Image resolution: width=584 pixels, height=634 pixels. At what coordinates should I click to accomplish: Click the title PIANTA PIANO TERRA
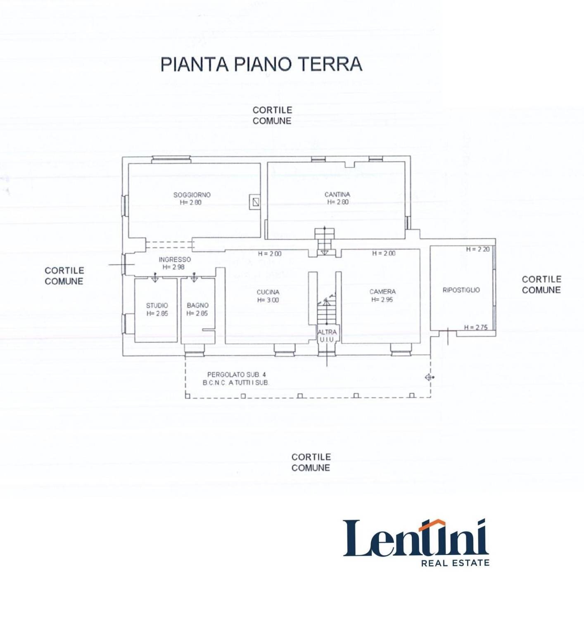[x=261, y=64]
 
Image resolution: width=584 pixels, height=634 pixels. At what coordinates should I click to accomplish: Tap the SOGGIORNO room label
[x=192, y=195]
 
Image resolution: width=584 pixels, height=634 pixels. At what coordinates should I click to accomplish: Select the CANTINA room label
[x=337, y=194]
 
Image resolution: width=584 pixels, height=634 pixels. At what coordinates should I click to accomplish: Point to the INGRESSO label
[x=175, y=259]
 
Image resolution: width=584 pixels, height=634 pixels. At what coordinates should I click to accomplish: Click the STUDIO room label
[x=157, y=305]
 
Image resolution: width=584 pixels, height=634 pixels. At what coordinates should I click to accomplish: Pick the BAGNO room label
[x=197, y=305]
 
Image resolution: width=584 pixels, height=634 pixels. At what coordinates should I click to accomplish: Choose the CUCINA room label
[x=268, y=292]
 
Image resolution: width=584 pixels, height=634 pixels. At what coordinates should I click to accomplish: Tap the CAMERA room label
[x=382, y=292]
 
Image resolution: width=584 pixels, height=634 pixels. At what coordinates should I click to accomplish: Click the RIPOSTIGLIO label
[x=461, y=290]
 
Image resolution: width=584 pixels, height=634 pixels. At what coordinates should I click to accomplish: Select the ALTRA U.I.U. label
[x=327, y=335]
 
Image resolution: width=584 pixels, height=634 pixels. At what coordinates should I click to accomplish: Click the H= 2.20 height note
[x=477, y=249]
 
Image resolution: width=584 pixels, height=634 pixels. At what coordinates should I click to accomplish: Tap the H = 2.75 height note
[x=476, y=327]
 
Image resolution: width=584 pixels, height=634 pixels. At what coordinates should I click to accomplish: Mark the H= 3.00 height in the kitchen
[x=268, y=300]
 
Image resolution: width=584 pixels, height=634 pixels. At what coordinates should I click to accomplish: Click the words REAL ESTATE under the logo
[x=455, y=563]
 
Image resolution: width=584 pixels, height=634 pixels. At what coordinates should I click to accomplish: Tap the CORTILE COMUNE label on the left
[x=64, y=275]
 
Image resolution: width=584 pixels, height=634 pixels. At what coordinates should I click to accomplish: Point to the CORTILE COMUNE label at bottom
[x=311, y=462]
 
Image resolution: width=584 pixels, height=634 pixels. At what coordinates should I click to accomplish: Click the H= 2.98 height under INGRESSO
[x=173, y=267]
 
